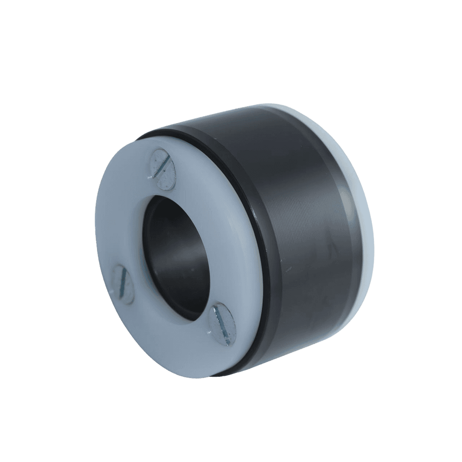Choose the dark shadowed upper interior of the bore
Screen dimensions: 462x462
(x=167, y=222)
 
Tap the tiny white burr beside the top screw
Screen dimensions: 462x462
(x=150, y=176)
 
